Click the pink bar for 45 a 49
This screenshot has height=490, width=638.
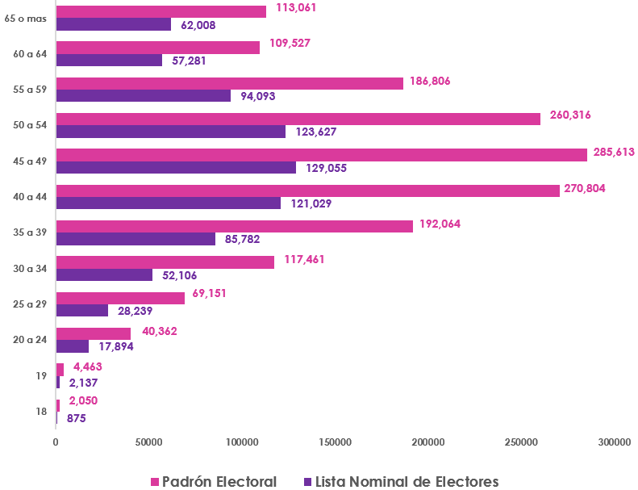pos(321,155)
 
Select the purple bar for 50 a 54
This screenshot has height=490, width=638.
pos(171,132)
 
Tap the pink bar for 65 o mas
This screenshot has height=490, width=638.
pos(161,11)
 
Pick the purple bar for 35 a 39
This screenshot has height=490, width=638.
pos(136,239)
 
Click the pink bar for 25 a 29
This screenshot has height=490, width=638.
pos(120,298)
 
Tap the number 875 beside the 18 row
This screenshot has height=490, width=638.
pos(77,418)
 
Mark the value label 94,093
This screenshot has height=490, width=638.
pos(257,96)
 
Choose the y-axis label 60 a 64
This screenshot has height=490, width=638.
pos(31,54)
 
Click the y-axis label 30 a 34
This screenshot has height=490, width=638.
pos(31,268)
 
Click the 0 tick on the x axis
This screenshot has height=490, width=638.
pos(56,442)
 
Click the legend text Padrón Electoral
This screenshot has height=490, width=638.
pos(219,482)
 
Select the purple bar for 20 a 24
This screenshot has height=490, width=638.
pos(73,346)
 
